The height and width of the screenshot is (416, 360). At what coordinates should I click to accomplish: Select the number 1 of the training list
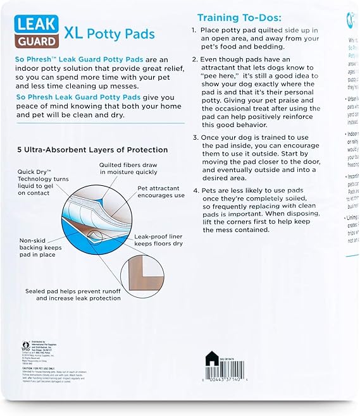(194, 30)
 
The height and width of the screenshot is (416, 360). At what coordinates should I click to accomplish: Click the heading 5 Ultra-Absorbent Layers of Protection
(92, 150)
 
